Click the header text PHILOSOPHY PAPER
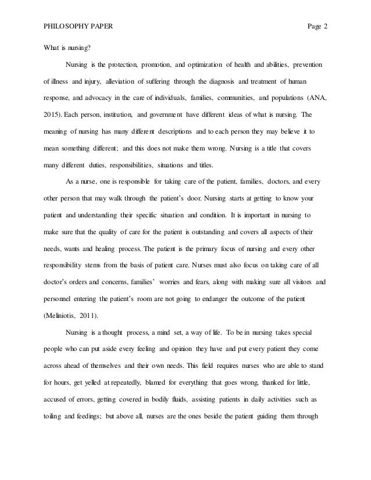74,27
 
